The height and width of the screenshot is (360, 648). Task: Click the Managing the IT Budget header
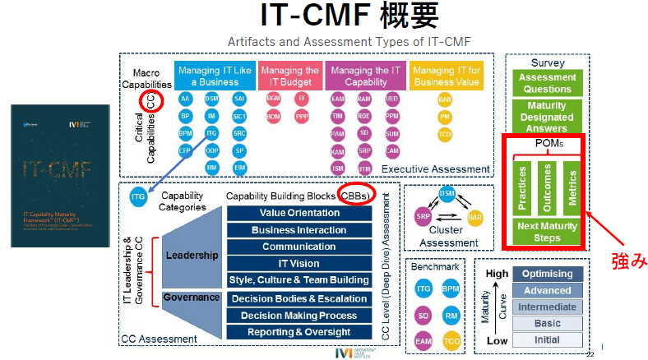click(x=290, y=76)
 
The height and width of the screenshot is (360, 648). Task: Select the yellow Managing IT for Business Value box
click(x=448, y=76)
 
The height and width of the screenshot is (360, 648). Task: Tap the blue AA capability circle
click(x=186, y=99)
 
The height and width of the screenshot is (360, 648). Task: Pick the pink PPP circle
click(x=302, y=117)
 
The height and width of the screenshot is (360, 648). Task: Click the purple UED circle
click(x=391, y=99)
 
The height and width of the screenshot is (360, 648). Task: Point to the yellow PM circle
click(x=445, y=117)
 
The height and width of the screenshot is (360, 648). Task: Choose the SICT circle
click(x=238, y=117)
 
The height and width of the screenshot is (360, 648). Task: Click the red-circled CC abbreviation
click(x=151, y=101)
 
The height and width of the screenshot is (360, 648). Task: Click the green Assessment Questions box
click(x=547, y=83)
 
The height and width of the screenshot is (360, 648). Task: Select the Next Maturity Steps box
click(x=547, y=232)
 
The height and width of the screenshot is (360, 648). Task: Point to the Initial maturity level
click(x=548, y=338)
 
